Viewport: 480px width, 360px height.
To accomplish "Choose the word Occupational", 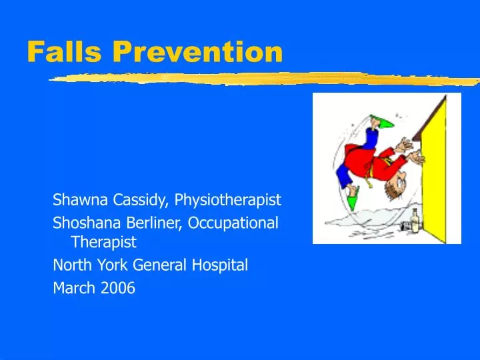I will pyautogui.click(x=233, y=223).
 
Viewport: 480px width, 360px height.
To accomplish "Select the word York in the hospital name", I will pyautogui.click(x=113, y=265).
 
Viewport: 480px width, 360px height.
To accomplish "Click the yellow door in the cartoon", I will pyautogui.click(x=437, y=173).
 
